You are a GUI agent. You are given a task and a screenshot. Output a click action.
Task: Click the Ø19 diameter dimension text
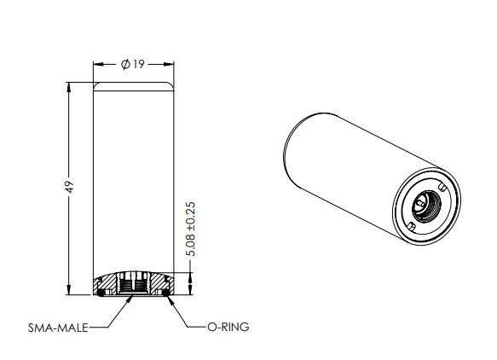pyautogui.click(x=134, y=65)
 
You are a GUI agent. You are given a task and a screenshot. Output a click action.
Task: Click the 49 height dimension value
pyautogui.click(x=71, y=186)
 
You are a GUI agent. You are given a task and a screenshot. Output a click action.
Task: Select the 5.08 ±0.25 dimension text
pyautogui.click(x=190, y=230)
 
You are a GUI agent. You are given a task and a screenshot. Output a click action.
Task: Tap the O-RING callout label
pyautogui.click(x=228, y=326)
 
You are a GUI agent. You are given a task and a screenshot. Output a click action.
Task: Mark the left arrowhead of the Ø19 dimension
pyautogui.click(x=96, y=65)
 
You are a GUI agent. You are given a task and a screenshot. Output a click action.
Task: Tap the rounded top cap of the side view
pyautogui.click(x=134, y=85)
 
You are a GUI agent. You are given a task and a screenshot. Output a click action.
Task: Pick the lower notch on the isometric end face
pyautogui.click(x=411, y=226)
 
